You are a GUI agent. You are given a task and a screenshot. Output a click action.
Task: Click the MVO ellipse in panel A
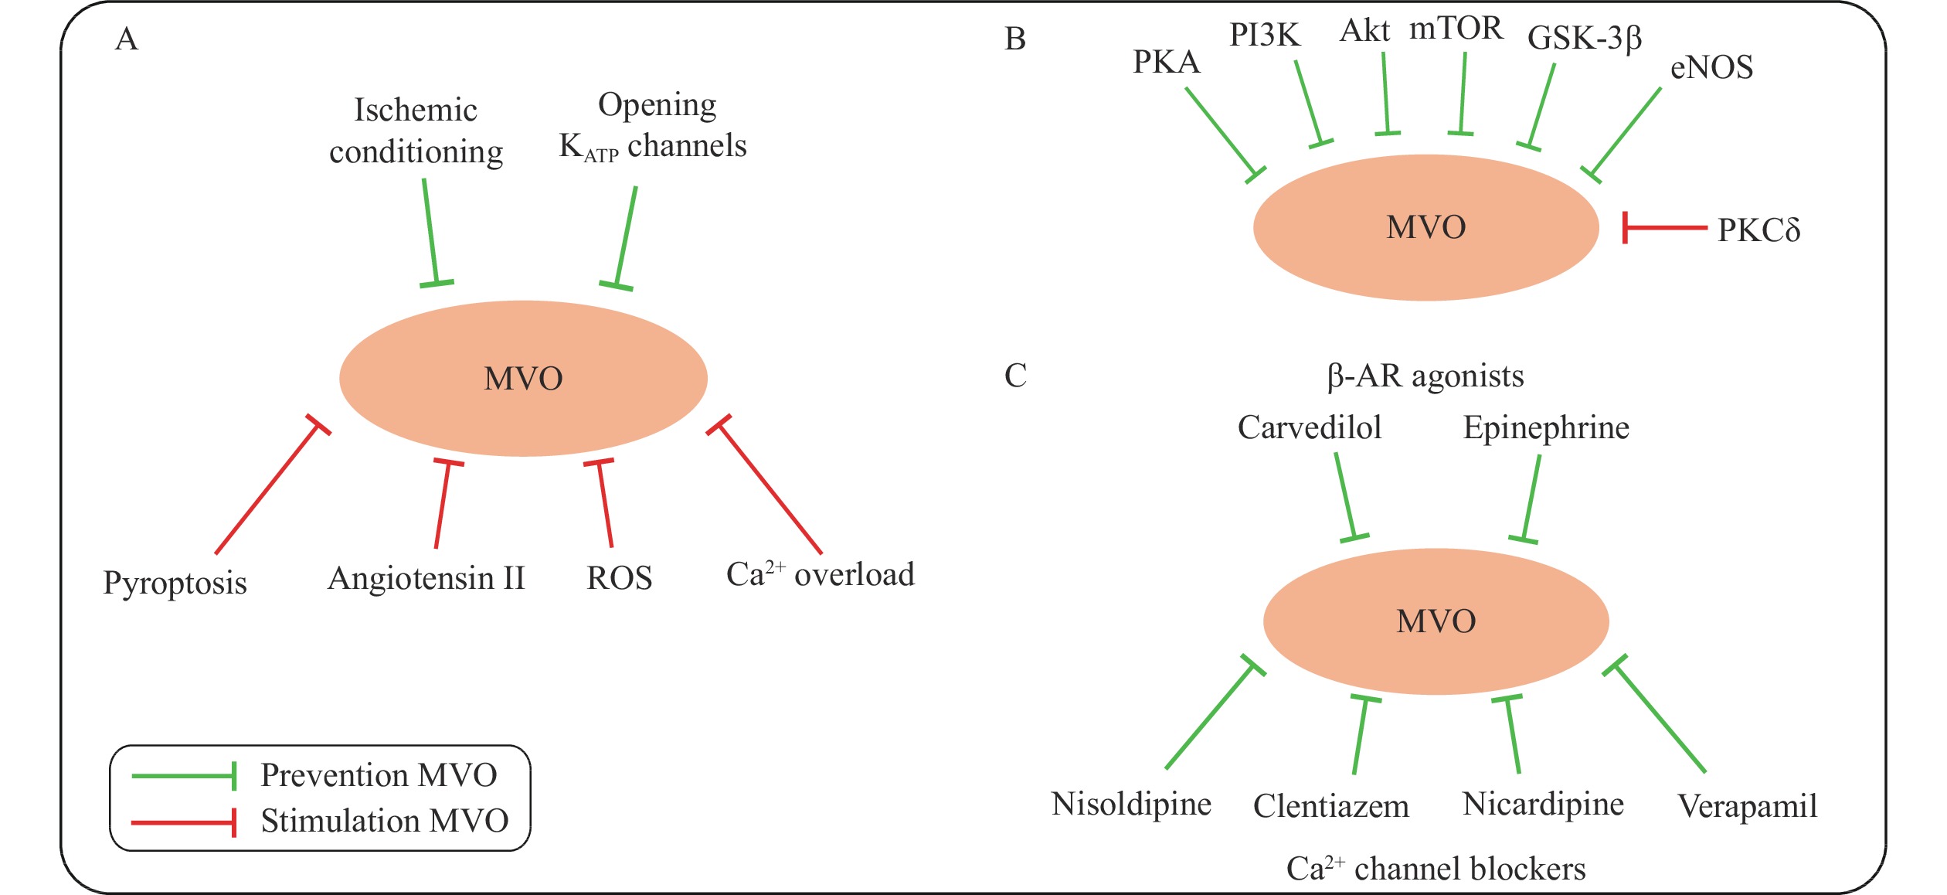pyautogui.click(x=523, y=378)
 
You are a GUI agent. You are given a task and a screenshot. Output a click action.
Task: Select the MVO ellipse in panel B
pyautogui.click(x=1425, y=227)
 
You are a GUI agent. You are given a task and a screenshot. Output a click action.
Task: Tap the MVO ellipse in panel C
pyautogui.click(x=1436, y=621)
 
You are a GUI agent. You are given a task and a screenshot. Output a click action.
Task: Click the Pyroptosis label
pyautogui.click(x=175, y=583)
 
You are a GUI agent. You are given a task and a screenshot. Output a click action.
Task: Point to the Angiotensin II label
pyautogui.click(x=426, y=578)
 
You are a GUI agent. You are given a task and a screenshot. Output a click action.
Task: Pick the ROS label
pyautogui.click(x=619, y=578)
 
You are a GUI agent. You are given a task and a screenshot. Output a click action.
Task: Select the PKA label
pyautogui.click(x=1166, y=62)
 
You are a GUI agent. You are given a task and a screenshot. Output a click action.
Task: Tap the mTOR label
pyautogui.click(x=1456, y=29)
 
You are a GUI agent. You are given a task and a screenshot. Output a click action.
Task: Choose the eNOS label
pyautogui.click(x=1711, y=68)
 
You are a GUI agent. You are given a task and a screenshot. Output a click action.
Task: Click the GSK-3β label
pyautogui.click(x=1584, y=38)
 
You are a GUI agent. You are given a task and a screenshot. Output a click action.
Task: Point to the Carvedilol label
pyautogui.click(x=1310, y=427)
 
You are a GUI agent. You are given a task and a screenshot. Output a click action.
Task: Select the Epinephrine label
pyautogui.click(x=1546, y=427)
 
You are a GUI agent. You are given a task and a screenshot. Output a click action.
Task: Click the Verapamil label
pyautogui.click(x=1747, y=806)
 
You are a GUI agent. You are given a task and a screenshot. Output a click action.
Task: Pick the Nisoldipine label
pyautogui.click(x=1131, y=804)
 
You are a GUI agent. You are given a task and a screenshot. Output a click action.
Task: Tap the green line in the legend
pyautogui.click(x=182, y=775)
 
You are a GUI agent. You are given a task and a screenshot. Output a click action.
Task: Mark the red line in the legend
pyautogui.click(x=182, y=822)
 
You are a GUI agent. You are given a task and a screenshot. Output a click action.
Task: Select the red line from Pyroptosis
pyautogui.click(x=267, y=488)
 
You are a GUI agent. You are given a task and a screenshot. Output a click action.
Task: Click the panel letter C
pyautogui.click(x=1015, y=376)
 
